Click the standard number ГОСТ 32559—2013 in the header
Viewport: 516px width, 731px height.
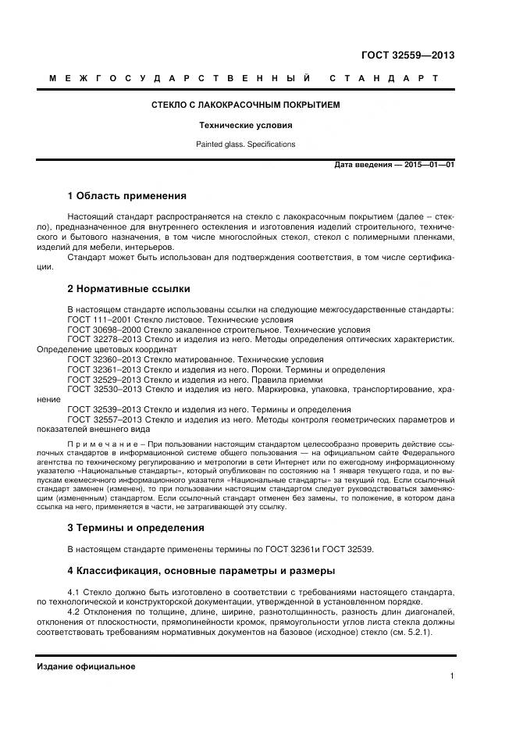407,55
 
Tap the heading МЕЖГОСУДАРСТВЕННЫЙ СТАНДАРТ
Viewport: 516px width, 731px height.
244,79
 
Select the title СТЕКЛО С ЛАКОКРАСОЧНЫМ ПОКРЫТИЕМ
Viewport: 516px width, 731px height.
245,105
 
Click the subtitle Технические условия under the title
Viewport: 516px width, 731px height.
245,125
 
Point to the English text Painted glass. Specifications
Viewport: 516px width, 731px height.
245,144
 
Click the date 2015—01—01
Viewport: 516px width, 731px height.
428,166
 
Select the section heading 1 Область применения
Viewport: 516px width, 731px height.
126,196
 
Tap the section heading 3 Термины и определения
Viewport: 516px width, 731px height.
135,527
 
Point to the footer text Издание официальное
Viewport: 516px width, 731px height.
86,666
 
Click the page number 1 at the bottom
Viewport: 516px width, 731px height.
452,677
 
